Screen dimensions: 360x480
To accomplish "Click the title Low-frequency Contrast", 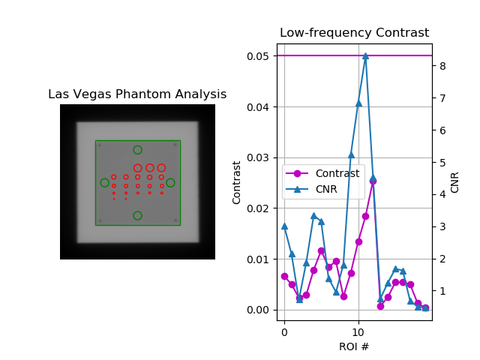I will (354, 33).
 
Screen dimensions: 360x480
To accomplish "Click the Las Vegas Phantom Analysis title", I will (137, 94).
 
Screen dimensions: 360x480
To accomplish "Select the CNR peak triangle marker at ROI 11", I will (365, 55).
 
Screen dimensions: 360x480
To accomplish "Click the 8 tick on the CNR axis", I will (442, 66).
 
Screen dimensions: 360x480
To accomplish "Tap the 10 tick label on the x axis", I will (358, 331).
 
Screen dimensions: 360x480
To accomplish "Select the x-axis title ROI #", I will (354, 346).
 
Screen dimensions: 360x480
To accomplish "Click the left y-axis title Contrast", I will (237, 182).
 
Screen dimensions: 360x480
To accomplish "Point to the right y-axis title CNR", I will (455, 182).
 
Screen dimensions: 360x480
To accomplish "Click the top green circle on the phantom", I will (137, 150).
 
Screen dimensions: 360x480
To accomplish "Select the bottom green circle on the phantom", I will (137, 215).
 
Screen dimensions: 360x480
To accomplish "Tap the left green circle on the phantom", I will (105, 182).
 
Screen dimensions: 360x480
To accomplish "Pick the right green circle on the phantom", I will (170, 182).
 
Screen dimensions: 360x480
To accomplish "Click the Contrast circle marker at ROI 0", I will (284, 276).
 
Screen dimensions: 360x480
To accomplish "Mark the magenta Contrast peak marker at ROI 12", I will (373, 181).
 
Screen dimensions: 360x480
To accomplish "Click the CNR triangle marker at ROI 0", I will (284, 226).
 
